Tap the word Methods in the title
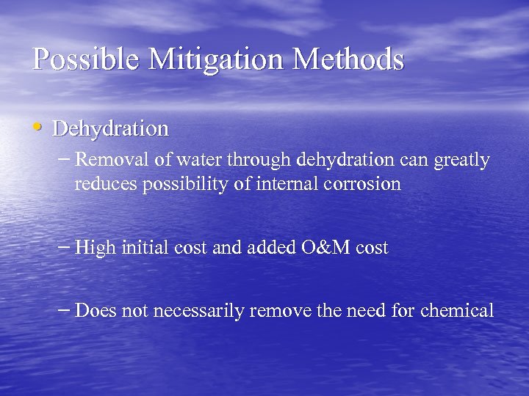pos(350,58)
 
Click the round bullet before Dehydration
pos(39,128)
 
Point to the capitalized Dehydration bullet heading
pos(111,129)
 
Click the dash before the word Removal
pos(65,158)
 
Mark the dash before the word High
pos(65,247)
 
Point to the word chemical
pos(457,311)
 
